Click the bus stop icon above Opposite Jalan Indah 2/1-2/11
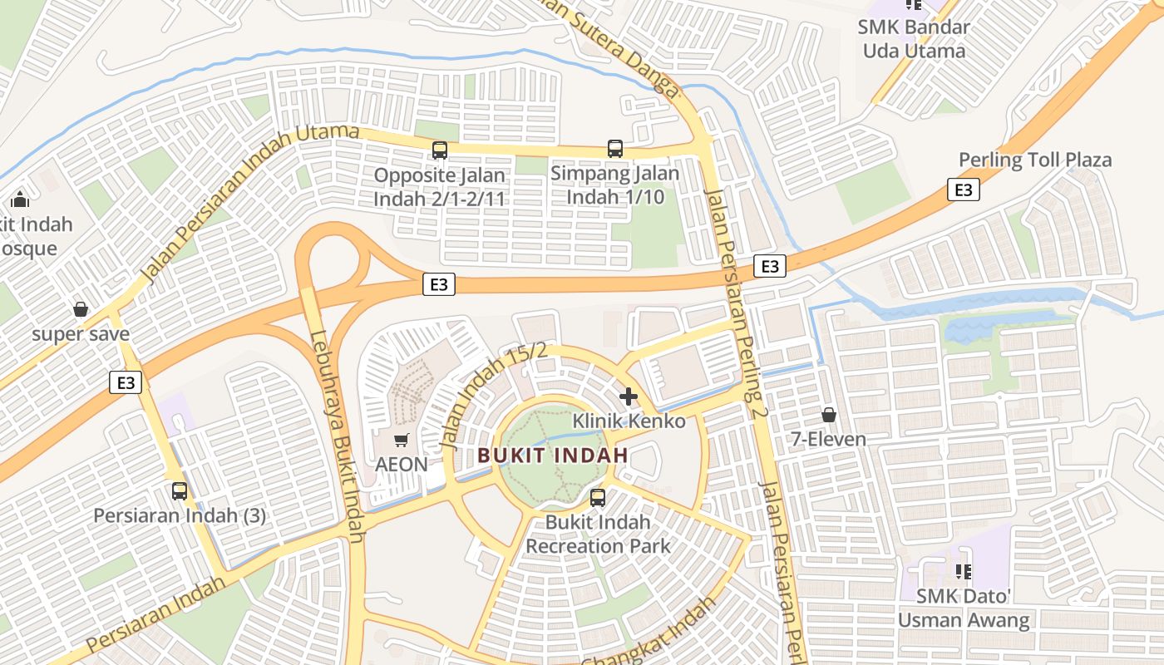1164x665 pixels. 439,150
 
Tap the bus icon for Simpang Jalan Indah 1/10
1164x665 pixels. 614,149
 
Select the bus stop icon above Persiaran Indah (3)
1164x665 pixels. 180,490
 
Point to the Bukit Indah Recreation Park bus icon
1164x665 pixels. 597,498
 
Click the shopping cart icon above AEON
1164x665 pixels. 402,439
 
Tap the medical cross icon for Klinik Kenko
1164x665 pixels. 629,396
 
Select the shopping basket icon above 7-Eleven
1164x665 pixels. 828,414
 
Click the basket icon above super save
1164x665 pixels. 81,309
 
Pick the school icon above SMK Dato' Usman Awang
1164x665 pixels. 964,571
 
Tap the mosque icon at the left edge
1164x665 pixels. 20,199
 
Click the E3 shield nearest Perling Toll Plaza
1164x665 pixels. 963,190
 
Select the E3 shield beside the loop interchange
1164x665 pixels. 439,284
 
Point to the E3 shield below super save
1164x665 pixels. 126,382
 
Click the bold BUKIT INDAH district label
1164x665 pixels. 553,456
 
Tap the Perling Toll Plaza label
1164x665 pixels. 1034,160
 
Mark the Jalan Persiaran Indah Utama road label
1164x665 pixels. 249,203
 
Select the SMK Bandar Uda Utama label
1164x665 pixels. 914,39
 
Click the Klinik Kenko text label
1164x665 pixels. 629,421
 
